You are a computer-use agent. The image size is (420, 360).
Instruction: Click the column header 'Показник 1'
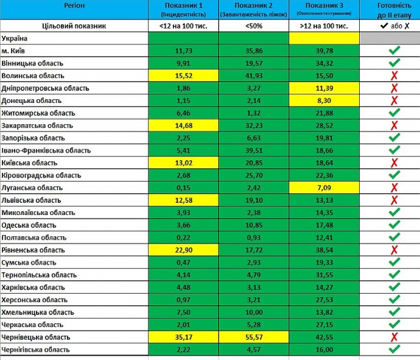[183, 5]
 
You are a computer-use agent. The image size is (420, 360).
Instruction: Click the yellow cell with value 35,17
[183, 337]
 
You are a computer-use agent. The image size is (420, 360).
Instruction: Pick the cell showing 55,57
[254, 337]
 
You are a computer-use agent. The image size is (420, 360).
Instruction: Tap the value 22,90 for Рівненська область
[183, 250]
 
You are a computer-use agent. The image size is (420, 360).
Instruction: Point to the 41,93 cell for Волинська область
[254, 76]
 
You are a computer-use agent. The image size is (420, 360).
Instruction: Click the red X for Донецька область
[394, 101]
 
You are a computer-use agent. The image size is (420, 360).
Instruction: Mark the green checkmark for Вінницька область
[394, 63]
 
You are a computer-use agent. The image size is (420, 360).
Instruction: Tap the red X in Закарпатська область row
[394, 125]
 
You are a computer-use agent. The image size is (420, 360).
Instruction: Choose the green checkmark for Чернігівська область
[394, 349]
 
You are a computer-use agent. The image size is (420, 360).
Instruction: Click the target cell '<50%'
[254, 26]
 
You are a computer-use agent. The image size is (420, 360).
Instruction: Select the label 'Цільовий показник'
[74, 26]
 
